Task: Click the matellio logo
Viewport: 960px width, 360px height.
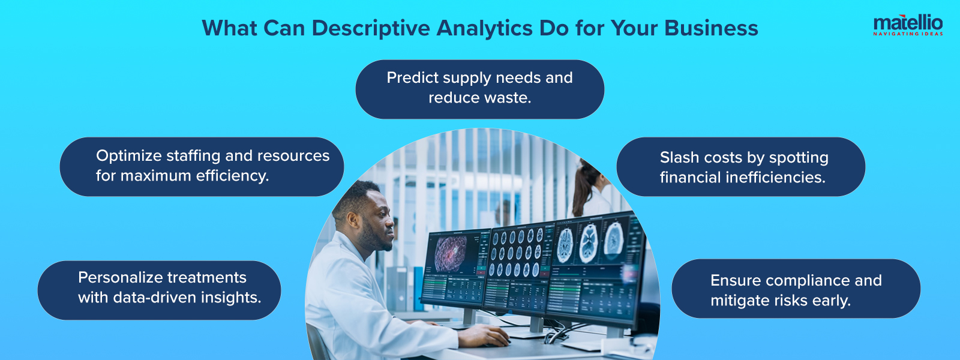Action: point(908,25)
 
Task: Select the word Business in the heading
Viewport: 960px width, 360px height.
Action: point(711,28)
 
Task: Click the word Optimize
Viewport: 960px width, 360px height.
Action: point(128,156)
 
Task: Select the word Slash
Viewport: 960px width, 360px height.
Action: point(679,158)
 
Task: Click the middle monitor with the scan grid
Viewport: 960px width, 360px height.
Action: point(518,261)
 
